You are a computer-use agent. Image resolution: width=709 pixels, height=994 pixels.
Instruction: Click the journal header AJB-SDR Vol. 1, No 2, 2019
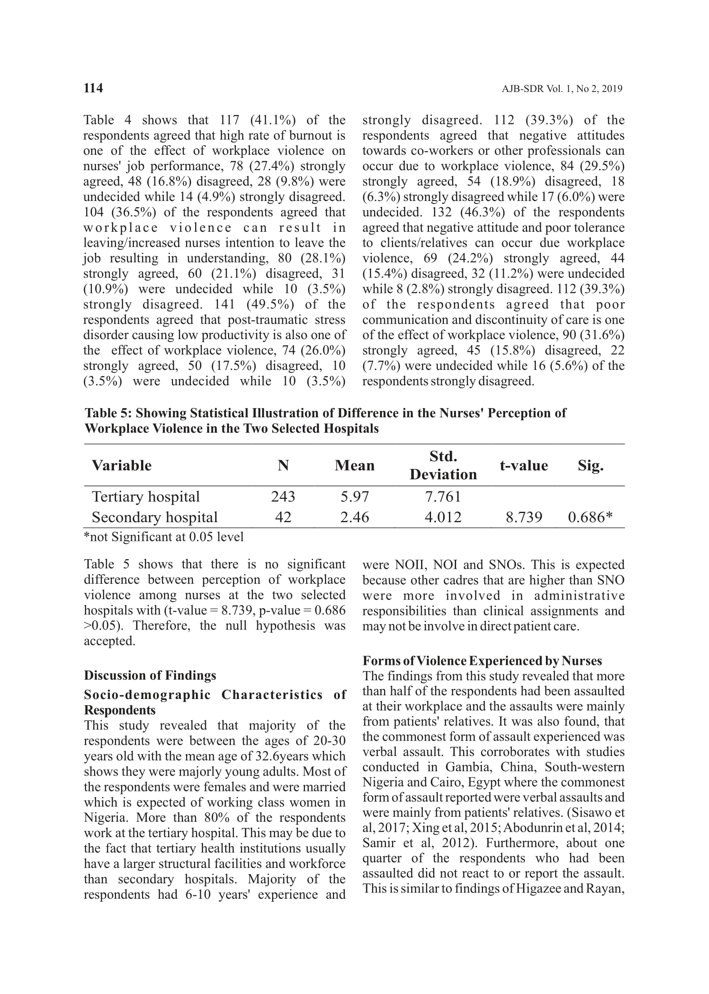(562, 89)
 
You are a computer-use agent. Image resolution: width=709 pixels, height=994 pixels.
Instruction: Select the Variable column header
(121, 465)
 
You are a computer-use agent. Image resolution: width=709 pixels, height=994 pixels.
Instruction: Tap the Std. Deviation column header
(443, 465)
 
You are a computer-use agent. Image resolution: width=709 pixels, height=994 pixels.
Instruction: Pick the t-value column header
(523, 465)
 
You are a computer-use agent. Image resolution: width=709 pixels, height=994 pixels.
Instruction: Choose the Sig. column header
(590, 465)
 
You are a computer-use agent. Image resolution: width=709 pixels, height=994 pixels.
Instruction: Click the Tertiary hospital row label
(145, 496)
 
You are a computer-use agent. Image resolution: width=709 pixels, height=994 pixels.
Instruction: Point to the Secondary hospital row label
(154, 517)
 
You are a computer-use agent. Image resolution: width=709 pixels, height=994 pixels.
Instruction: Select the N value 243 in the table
(283, 496)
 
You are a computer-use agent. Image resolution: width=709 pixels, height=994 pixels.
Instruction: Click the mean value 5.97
(354, 496)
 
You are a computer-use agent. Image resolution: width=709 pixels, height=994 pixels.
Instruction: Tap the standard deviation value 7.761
(443, 496)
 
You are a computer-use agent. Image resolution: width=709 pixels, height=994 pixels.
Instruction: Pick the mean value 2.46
(354, 517)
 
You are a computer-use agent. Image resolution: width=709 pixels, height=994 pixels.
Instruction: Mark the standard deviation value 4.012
(443, 517)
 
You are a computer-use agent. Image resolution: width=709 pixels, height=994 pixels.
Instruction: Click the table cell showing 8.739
(523, 517)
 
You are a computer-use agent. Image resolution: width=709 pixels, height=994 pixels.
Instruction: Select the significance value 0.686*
(590, 517)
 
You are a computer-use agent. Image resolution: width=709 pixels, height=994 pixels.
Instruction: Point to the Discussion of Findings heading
(150, 675)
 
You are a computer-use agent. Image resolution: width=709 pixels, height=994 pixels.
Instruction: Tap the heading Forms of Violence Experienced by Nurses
(482, 660)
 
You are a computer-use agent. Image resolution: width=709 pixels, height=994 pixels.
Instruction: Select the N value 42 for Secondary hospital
(283, 517)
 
